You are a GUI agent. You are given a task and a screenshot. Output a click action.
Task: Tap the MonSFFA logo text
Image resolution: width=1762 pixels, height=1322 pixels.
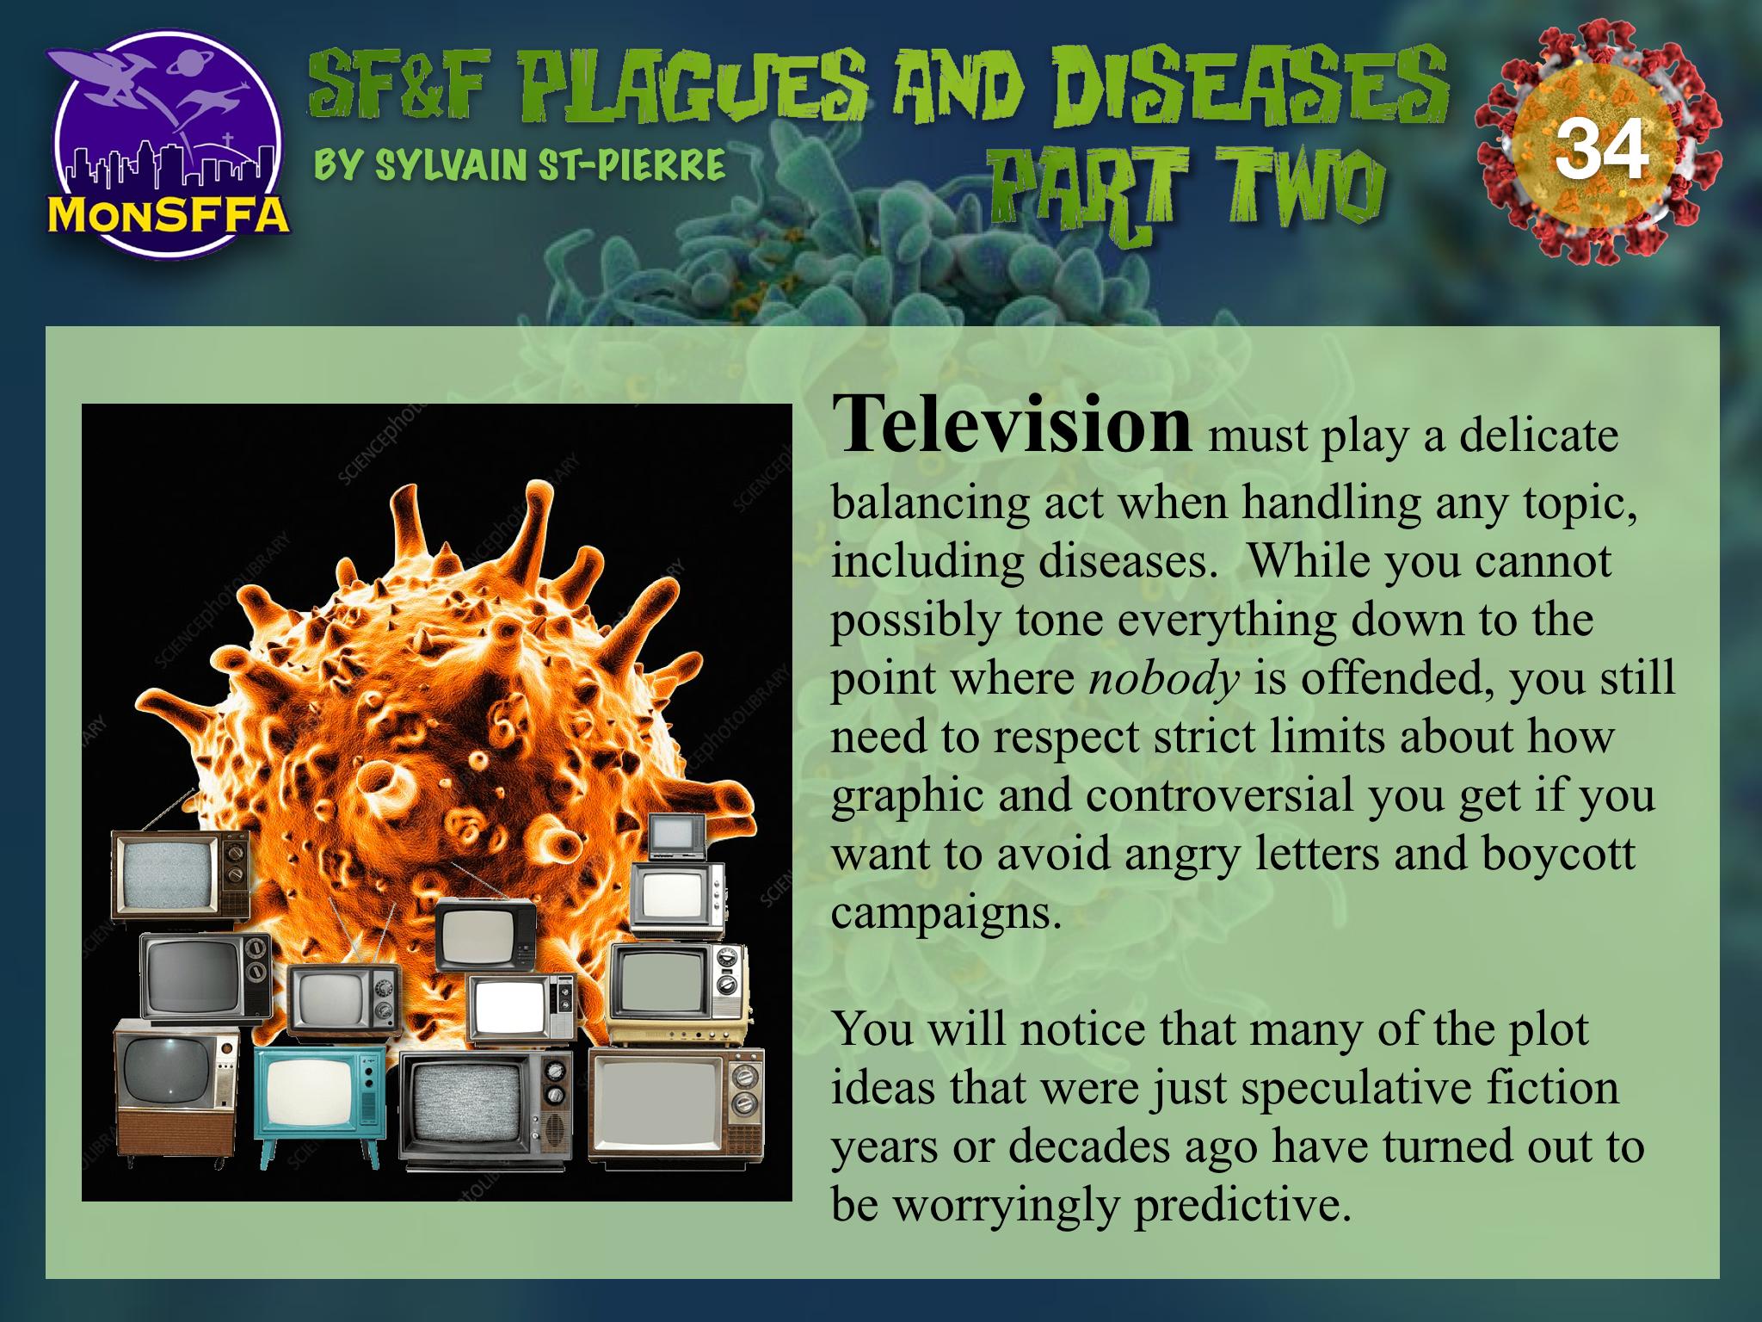(168, 213)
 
